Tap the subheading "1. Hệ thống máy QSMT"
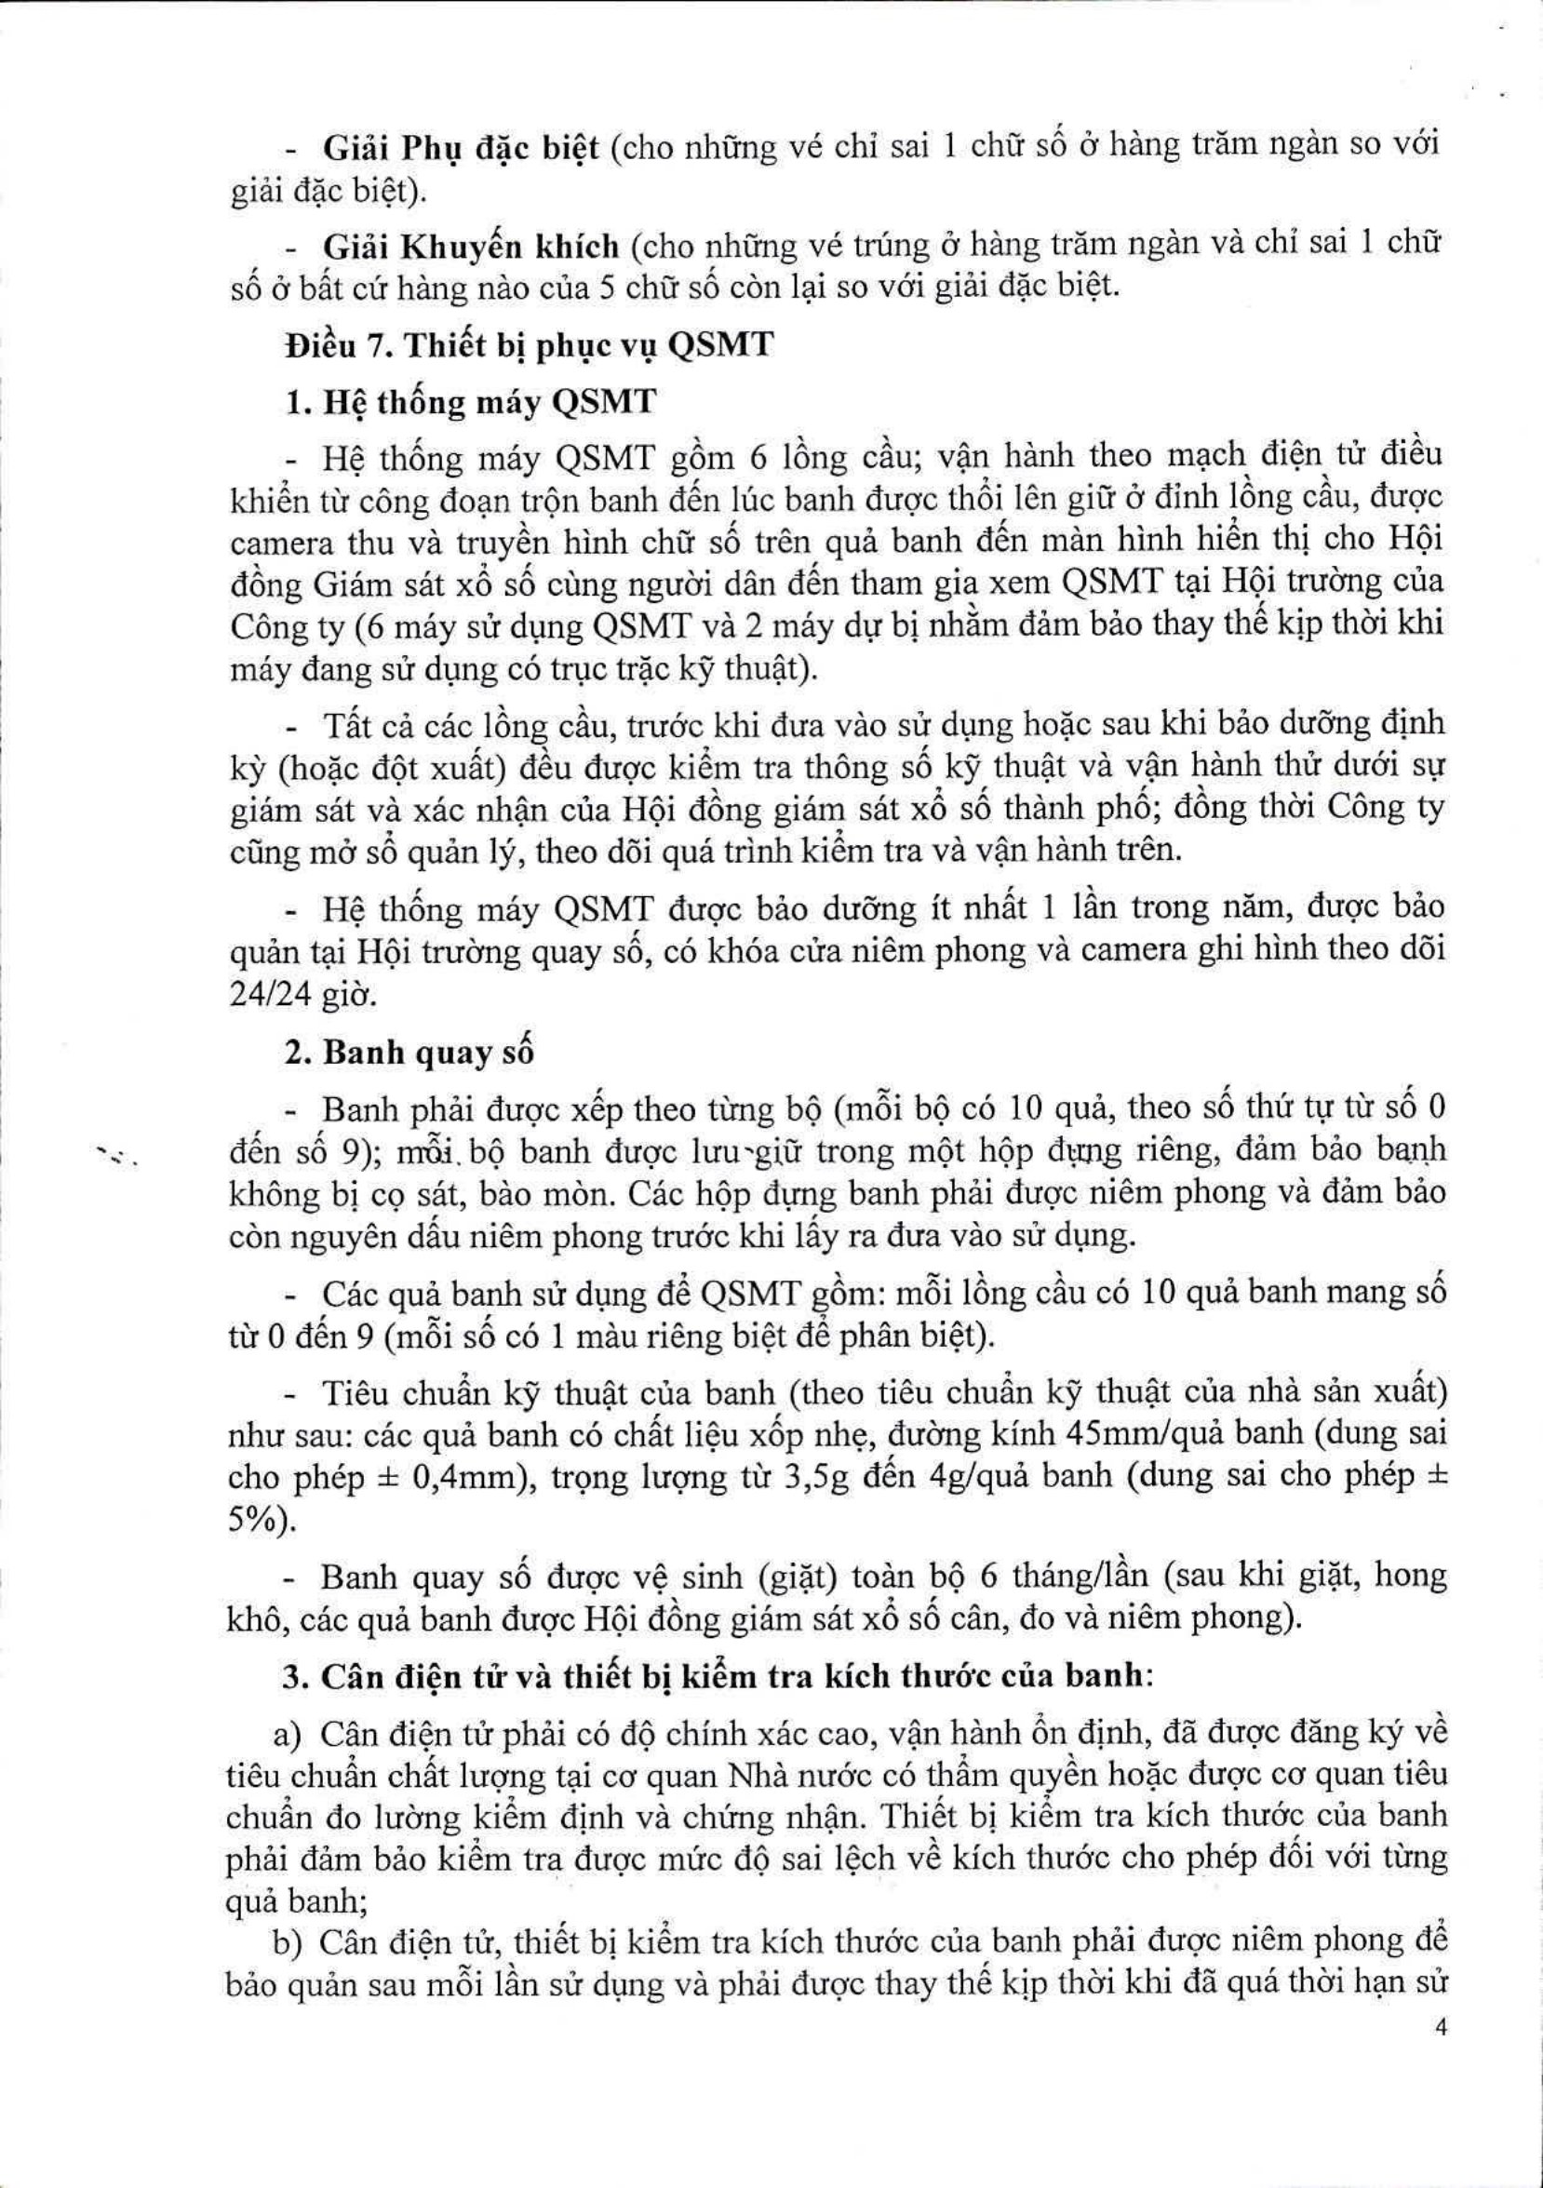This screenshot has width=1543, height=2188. click(472, 401)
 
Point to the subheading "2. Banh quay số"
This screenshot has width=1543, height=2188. click(409, 1053)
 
